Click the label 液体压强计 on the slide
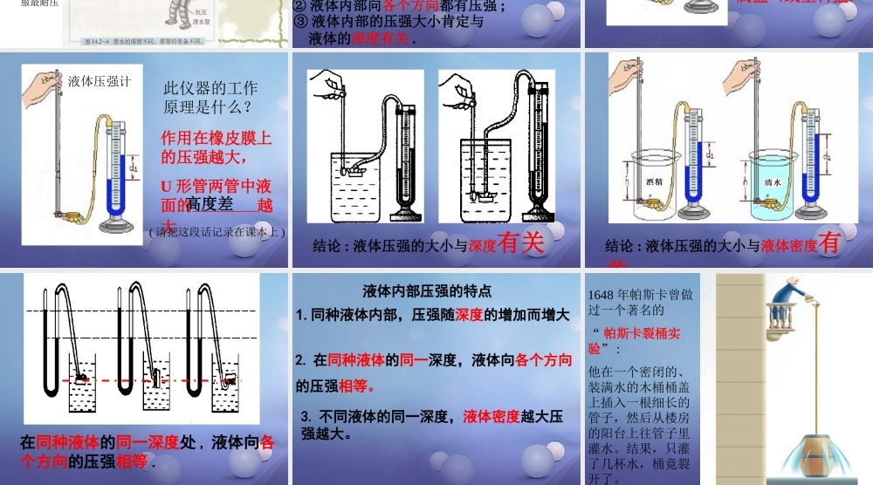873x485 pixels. click(100, 82)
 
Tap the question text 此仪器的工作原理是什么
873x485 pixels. click(210, 97)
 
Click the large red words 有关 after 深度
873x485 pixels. click(520, 243)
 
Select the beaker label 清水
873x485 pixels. click(772, 182)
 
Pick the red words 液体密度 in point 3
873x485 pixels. click(491, 415)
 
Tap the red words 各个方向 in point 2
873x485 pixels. click(544, 359)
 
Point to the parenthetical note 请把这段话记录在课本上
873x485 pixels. click(217, 232)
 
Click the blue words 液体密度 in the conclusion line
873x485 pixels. click(789, 246)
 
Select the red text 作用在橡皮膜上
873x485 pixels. click(217, 138)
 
